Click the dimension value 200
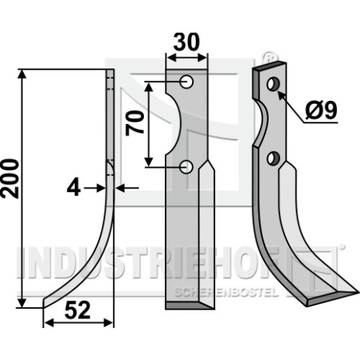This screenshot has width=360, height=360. pyautogui.click(x=10, y=179)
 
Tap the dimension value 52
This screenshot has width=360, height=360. pyautogui.click(x=77, y=311)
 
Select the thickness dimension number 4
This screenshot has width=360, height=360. pyautogui.click(x=73, y=189)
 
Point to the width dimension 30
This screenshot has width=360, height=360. pyautogui.click(x=186, y=42)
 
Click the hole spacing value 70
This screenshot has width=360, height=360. pyautogui.click(x=135, y=123)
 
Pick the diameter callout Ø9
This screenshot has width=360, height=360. pyautogui.click(x=321, y=111)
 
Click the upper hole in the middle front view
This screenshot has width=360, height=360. pyautogui.click(x=187, y=82)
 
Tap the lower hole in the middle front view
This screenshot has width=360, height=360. pyautogui.click(x=187, y=167)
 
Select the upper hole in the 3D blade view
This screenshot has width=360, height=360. pyautogui.click(x=273, y=85)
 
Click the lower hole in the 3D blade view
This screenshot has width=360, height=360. pyautogui.click(x=273, y=159)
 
